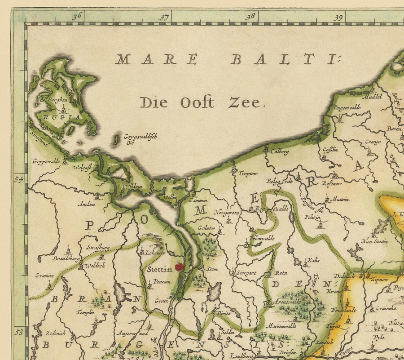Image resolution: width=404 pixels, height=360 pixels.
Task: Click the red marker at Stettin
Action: pyautogui.click(x=179, y=267)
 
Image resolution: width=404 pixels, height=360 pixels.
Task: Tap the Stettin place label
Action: pyautogui.click(x=159, y=270)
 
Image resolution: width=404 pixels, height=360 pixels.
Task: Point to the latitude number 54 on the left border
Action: pyautogui.click(x=19, y=179)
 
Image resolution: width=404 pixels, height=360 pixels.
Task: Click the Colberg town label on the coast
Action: pyautogui.click(x=279, y=151)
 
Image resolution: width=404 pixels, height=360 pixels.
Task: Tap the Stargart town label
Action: pyautogui.click(x=246, y=272)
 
